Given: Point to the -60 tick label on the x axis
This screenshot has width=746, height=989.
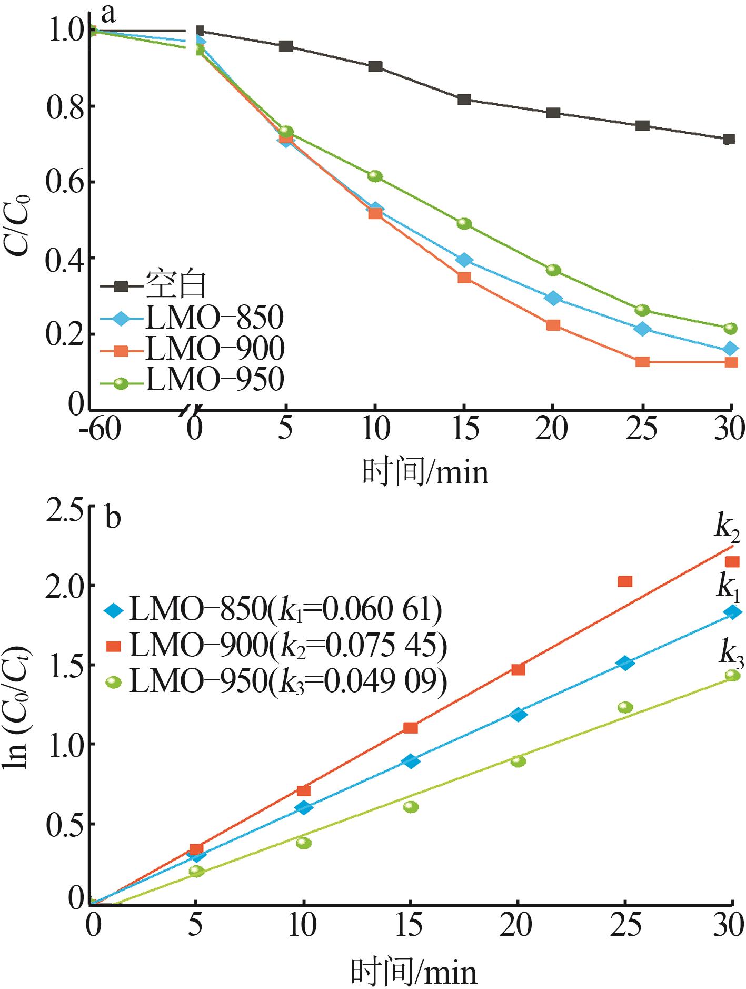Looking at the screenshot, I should click(100, 429).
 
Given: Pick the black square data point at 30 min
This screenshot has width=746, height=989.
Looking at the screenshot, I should click(729, 140).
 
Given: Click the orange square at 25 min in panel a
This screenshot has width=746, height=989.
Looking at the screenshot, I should click(642, 362).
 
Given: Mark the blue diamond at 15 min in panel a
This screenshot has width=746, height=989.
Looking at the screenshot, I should click(464, 260).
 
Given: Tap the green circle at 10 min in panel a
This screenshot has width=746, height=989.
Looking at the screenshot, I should click(375, 176).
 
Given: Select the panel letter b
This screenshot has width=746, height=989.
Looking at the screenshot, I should click(113, 518).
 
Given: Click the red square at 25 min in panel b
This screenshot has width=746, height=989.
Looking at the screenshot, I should click(625, 581).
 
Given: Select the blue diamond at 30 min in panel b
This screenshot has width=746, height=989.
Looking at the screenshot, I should click(732, 612).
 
